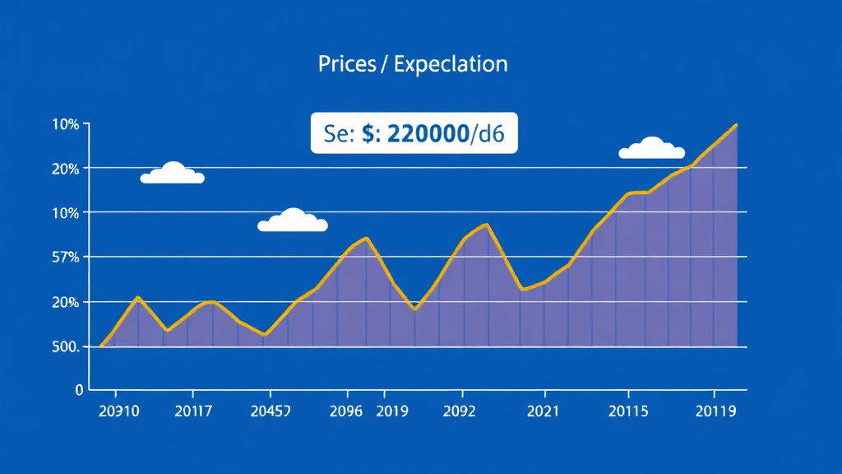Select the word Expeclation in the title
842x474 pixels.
[450, 64]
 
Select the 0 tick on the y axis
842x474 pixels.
[79, 389]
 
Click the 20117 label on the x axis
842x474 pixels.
[196, 411]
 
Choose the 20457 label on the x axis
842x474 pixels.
[270, 411]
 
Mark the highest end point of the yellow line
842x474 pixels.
[737, 125]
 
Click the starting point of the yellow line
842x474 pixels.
[100, 346]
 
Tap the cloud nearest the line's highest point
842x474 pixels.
[651, 148]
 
